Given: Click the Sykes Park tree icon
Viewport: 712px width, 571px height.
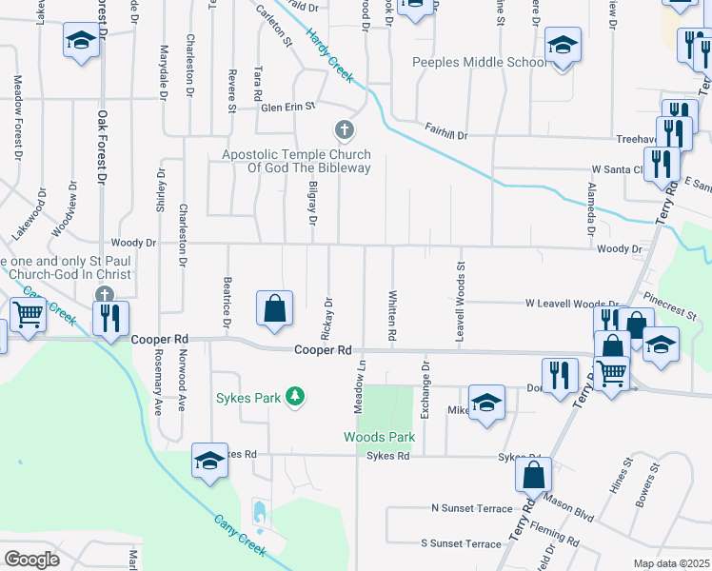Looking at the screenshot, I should pyautogui.click(x=296, y=396).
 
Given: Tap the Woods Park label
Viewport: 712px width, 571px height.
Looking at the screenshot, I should pyautogui.click(x=380, y=437).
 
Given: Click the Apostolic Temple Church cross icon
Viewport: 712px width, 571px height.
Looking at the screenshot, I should pyautogui.click(x=344, y=129).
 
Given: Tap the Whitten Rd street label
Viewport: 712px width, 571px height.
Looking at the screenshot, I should pyautogui.click(x=391, y=315).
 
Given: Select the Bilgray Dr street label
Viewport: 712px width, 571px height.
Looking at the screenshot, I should pyautogui.click(x=311, y=202).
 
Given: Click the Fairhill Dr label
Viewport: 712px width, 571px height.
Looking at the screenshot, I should pyautogui.click(x=446, y=135).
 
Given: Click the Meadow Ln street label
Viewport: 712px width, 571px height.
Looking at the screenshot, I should pyautogui.click(x=361, y=384).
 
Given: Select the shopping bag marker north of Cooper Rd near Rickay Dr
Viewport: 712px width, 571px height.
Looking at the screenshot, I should pyautogui.click(x=274, y=308).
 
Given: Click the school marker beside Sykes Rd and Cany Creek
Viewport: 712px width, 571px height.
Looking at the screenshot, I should pyautogui.click(x=209, y=461).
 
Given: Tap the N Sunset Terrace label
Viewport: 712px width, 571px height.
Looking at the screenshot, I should pyautogui.click(x=471, y=509).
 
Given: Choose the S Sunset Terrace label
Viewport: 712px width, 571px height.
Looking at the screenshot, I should pyautogui.click(x=461, y=543).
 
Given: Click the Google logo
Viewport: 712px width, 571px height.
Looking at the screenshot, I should pyautogui.click(x=31, y=560).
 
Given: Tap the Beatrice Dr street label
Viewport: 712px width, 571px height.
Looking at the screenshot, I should pyautogui.click(x=227, y=304).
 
